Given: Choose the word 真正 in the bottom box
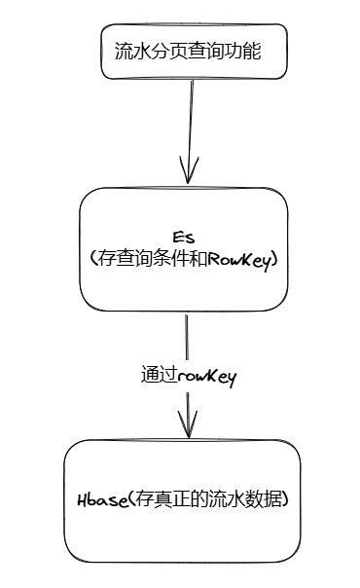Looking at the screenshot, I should (x=166, y=500).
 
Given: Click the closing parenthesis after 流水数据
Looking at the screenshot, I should (x=287, y=500).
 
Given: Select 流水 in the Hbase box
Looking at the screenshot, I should (x=228, y=500).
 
